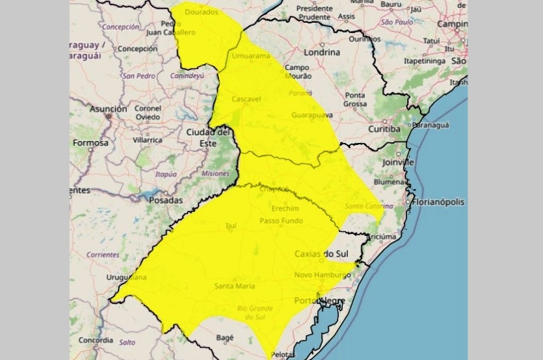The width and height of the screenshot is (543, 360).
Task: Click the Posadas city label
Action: tap(166, 201)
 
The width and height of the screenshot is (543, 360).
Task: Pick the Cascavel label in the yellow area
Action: tap(246, 99)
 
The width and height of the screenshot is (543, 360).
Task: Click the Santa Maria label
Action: tap(234, 286)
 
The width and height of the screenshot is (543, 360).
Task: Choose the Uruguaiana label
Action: tap(127, 277)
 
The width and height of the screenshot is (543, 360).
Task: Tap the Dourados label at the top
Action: tap(202, 12)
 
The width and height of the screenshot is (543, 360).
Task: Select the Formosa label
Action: tap(90, 142)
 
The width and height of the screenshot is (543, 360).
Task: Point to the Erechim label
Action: tap(287, 209)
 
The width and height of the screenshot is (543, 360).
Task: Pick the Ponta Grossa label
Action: tap(355, 99)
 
